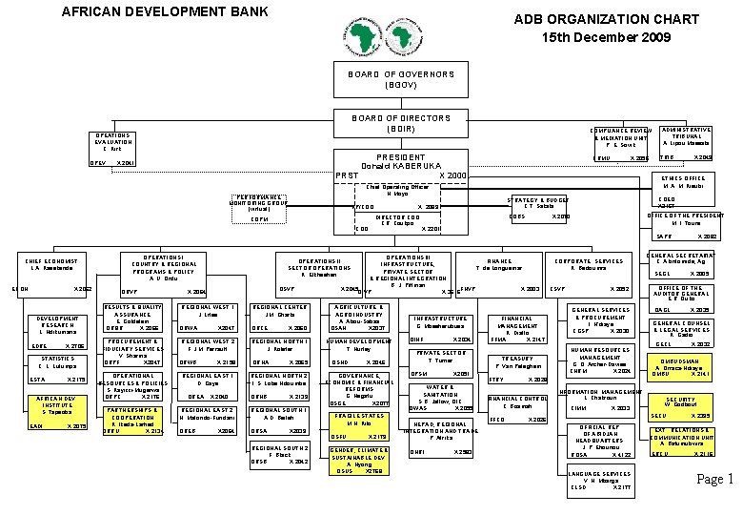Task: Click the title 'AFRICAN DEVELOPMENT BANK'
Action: (165, 12)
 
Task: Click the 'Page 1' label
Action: (714, 479)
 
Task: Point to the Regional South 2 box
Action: (278, 454)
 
